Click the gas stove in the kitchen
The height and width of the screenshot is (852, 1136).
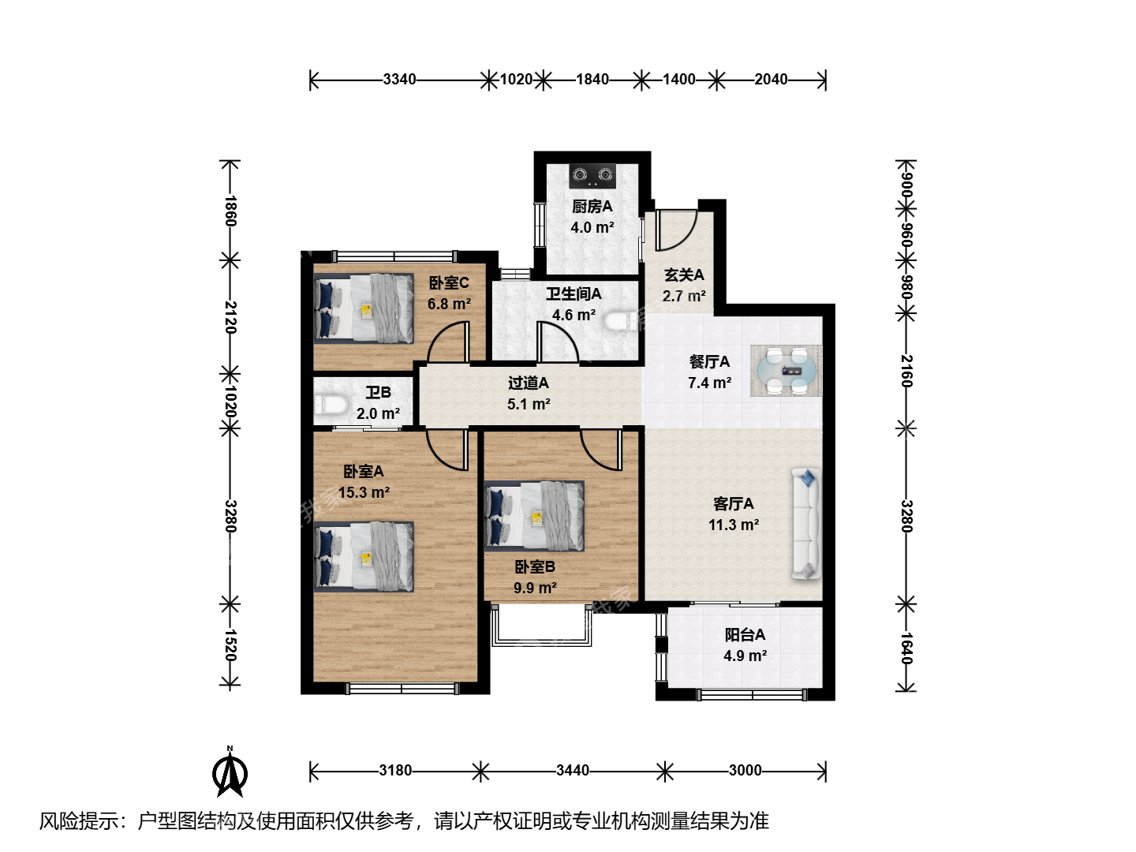tap(593, 176)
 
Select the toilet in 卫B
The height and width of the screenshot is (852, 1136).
tap(331, 405)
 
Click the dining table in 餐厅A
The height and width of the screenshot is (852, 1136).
tap(787, 371)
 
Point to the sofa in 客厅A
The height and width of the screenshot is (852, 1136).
tap(806, 524)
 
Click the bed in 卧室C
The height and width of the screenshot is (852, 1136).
tap(364, 308)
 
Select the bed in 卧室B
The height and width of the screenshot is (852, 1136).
tap(535, 516)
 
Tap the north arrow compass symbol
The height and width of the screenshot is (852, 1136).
tap(230, 772)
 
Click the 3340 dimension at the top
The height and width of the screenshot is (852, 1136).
tap(399, 79)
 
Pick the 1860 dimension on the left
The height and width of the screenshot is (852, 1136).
tap(231, 211)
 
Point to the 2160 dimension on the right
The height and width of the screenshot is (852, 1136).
tap(906, 371)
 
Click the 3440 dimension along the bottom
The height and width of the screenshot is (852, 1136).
tap(573, 770)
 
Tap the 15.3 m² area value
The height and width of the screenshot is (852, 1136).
tap(364, 492)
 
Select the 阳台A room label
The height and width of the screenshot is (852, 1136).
tap(745, 635)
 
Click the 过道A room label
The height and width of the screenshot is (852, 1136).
tap(529, 383)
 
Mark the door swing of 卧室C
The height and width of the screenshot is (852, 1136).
tap(448, 342)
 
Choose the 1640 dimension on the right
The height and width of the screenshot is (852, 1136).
tap(906, 648)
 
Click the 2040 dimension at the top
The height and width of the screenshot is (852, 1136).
tap(771, 79)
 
